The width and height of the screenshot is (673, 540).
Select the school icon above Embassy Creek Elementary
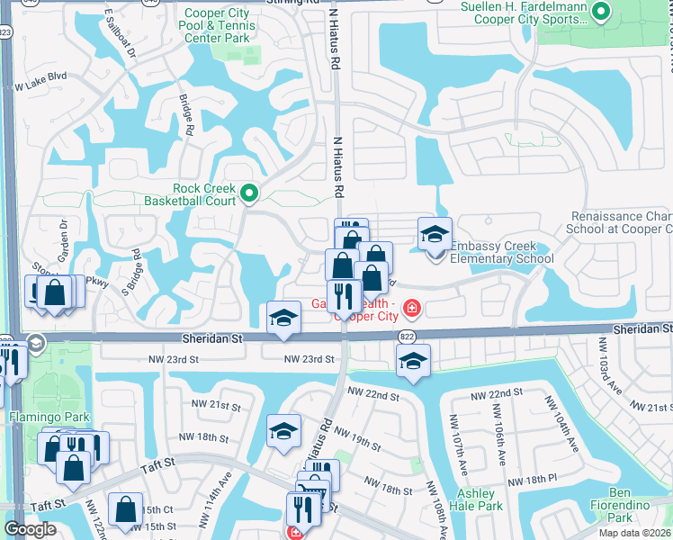435,235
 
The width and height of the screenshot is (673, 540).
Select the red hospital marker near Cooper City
412,309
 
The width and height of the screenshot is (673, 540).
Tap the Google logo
30,528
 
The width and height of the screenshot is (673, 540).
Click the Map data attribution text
635,533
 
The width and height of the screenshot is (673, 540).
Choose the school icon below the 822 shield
413,361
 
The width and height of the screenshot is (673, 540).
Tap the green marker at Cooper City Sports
602,13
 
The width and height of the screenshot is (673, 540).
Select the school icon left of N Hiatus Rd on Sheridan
283,318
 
